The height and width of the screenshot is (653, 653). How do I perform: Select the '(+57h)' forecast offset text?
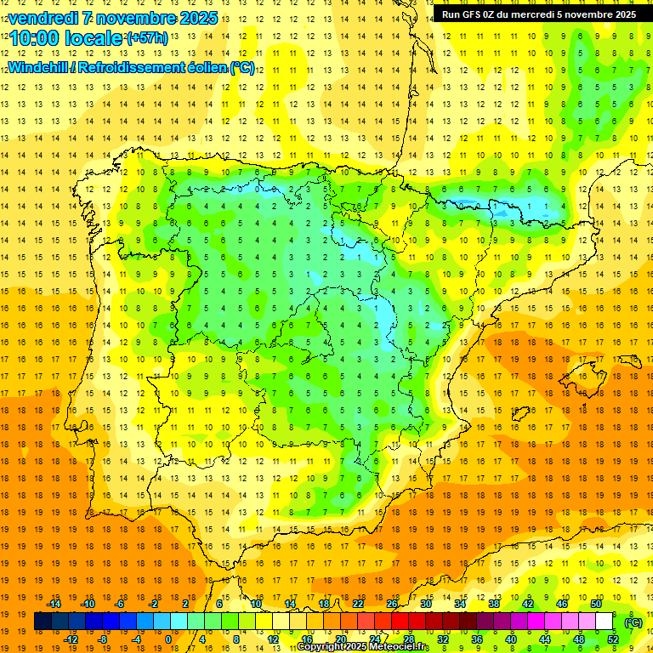point(147,38)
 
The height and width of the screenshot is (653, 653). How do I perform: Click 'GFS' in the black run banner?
point(476,14)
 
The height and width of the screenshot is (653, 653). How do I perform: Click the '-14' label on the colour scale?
point(54,604)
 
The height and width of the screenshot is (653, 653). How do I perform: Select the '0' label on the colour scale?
point(168,639)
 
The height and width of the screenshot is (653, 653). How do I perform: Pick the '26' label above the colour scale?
point(392,604)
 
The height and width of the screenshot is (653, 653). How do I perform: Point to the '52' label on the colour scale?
point(613,639)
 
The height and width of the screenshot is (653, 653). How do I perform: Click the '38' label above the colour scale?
point(494,604)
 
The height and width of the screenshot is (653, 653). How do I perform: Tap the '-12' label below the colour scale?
point(71,639)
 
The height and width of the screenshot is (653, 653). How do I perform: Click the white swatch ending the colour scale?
point(605,622)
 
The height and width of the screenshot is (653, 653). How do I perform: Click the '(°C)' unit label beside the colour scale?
point(633,622)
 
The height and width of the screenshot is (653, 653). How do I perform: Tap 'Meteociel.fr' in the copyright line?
point(399,647)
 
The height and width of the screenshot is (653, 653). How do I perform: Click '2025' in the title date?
point(197,18)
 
